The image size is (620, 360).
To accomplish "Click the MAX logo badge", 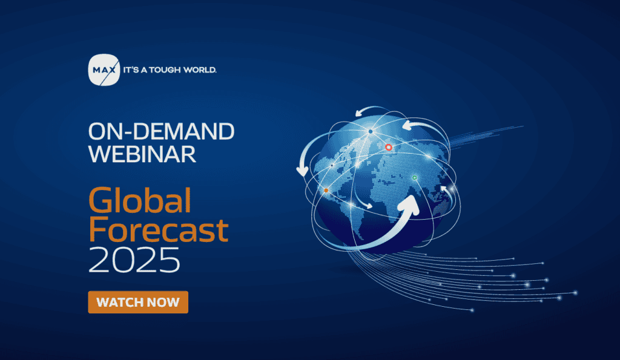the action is (104, 70).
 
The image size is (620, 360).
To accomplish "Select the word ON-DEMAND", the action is (161, 131).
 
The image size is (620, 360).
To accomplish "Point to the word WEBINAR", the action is (142, 154).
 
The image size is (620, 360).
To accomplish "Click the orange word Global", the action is (140, 200).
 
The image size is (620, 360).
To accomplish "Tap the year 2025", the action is (134, 260).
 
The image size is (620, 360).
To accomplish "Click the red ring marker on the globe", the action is (389, 148).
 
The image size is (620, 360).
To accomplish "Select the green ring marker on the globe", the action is (414, 178).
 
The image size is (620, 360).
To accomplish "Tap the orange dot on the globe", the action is (326, 191).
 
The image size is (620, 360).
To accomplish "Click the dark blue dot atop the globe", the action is (371, 131).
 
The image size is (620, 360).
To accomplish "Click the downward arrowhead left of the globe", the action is (303, 171).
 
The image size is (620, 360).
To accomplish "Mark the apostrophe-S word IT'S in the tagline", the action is (131, 70).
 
